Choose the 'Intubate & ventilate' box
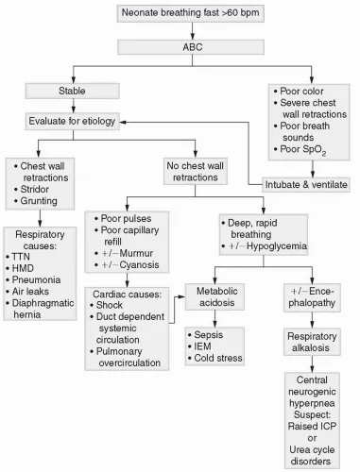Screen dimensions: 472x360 pos(303,183)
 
